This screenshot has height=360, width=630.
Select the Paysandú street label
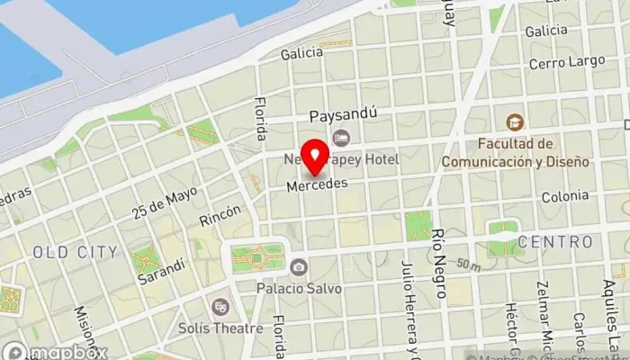pyautogui.click(x=342, y=116)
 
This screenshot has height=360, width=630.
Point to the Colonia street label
pyautogui.click(x=564, y=196)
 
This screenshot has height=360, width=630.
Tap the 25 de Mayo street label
pyautogui.click(x=163, y=202)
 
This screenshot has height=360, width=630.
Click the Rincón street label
pyautogui.click(x=220, y=213)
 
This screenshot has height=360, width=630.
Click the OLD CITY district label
pyautogui.click(x=76, y=252)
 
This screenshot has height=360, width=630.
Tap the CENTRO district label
pyautogui.click(x=554, y=242)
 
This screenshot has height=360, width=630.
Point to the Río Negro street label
pyautogui.click(x=440, y=262)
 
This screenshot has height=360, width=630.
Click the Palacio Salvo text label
pyautogui.click(x=299, y=289)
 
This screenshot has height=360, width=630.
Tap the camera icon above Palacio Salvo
pyautogui.click(x=298, y=267)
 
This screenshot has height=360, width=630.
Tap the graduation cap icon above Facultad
pyautogui.click(x=514, y=122)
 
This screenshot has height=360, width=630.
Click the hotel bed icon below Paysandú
pyautogui.click(x=340, y=137)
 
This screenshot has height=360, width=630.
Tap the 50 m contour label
pyautogui.click(x=468, y=264)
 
